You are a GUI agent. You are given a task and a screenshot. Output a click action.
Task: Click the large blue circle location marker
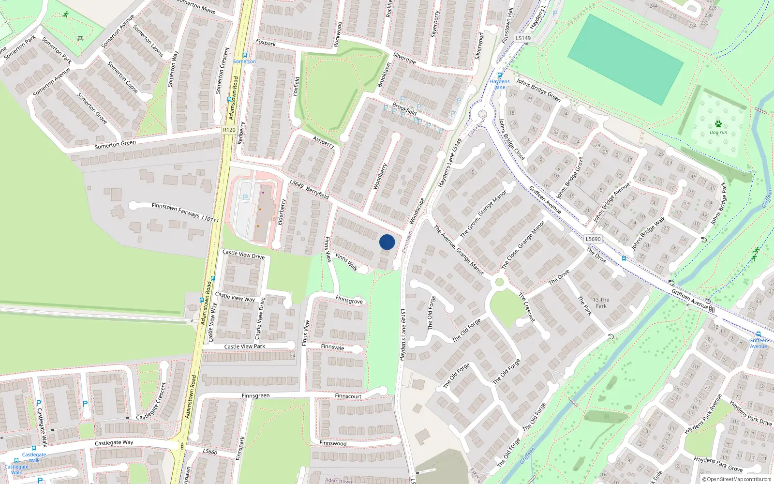click(387, 242)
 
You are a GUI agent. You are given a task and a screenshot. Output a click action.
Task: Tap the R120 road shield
click(229, 130)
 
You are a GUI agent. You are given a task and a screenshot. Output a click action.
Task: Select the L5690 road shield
click(593, 239)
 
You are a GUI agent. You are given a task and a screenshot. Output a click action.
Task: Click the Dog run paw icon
click(718, 124)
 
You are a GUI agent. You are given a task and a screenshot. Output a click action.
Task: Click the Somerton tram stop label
click(245, 61)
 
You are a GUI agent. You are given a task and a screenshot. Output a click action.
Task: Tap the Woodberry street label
click(380, 176)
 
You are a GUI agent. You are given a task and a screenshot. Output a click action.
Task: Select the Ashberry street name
click(323, 142)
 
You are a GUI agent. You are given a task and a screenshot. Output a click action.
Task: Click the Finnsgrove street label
click(349, 301)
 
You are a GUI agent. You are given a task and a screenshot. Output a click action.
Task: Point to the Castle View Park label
click(244, 347)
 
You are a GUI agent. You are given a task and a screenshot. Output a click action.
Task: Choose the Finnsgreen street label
click(255, 396)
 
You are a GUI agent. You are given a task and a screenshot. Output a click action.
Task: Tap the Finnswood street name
click(333, 443)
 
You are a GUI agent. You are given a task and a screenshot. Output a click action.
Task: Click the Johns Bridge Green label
click(538, 90)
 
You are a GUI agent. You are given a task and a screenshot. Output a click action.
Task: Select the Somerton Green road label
click(115, 144)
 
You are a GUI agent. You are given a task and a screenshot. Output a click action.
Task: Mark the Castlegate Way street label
click(114, 443)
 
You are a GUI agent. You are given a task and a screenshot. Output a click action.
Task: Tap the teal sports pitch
click(625, 59)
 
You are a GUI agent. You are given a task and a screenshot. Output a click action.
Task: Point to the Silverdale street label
click(404, 59)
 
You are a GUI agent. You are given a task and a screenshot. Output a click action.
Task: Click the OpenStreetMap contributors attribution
click(737, 480)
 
